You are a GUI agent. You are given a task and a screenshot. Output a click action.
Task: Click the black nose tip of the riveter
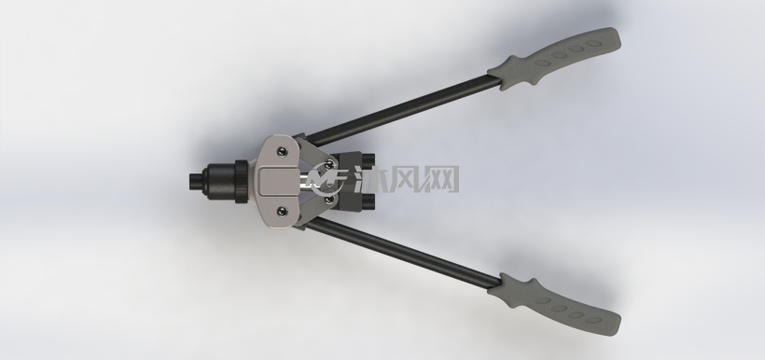[196, 182]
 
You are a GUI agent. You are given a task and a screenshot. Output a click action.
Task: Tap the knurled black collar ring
[242, 182]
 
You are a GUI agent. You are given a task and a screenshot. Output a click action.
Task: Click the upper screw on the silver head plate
[282, 152]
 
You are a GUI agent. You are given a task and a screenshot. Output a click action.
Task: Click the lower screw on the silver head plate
[282, 211]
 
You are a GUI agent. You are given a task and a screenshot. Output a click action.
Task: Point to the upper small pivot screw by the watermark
[329, 164]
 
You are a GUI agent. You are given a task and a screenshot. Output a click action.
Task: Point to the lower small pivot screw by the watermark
[329, 199]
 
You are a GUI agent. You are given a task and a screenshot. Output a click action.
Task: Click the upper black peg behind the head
[369, 159]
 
